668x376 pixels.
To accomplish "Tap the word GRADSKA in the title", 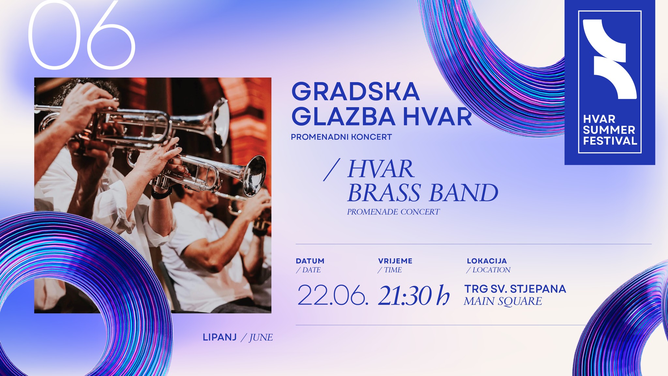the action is click(x=356, y=91).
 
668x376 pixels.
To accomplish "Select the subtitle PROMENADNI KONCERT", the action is click(x=341, y=137).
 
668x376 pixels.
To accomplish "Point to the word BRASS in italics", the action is click(x=384, y=193).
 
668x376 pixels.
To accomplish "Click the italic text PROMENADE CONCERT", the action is click(x=393, y=212).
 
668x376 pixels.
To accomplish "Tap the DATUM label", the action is click(x=310, y=261).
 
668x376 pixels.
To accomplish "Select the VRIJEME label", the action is click(x=395, y=261).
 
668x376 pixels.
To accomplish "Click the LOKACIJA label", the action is click(x=487, y=261).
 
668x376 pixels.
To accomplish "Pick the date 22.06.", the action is click(x=333, y=295).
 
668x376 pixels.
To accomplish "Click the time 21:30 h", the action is click(x=414, y=295).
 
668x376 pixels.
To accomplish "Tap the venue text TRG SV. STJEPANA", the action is click(x=515, y=289).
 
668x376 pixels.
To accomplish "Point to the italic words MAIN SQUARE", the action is click(x=503, y=301).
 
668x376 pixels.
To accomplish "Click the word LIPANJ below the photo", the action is click(x=220, y=337).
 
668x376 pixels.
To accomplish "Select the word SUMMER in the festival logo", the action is click(x=609, y=130).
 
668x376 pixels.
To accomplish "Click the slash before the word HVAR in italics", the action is click(x=332, y=170).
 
